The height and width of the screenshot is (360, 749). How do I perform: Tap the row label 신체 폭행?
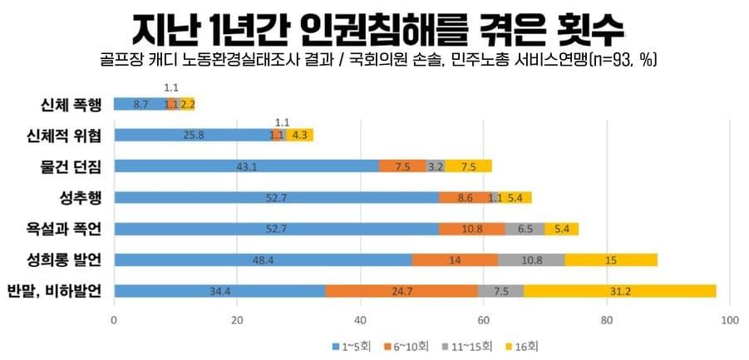(x=71, y=105)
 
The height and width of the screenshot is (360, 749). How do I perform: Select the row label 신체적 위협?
(x=66, y=136)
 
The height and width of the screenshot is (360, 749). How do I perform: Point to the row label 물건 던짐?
(x=71, y=166)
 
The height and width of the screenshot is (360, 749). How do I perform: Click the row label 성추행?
(x=77, y=198)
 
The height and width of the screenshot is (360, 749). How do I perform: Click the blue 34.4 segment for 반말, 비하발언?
(x=219, y=291)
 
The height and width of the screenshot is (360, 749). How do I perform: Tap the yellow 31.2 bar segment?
(x=619, y=291)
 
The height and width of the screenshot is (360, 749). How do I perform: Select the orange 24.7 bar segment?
(x=402, y=291)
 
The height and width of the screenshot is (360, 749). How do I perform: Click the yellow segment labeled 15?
(x=611, y=260)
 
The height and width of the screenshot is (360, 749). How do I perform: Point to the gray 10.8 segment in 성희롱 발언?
(x=531, y=260)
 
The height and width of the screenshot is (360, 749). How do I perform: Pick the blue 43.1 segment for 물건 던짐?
(x=246, y=166)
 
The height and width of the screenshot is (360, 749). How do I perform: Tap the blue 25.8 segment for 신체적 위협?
(x=193, y=135)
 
